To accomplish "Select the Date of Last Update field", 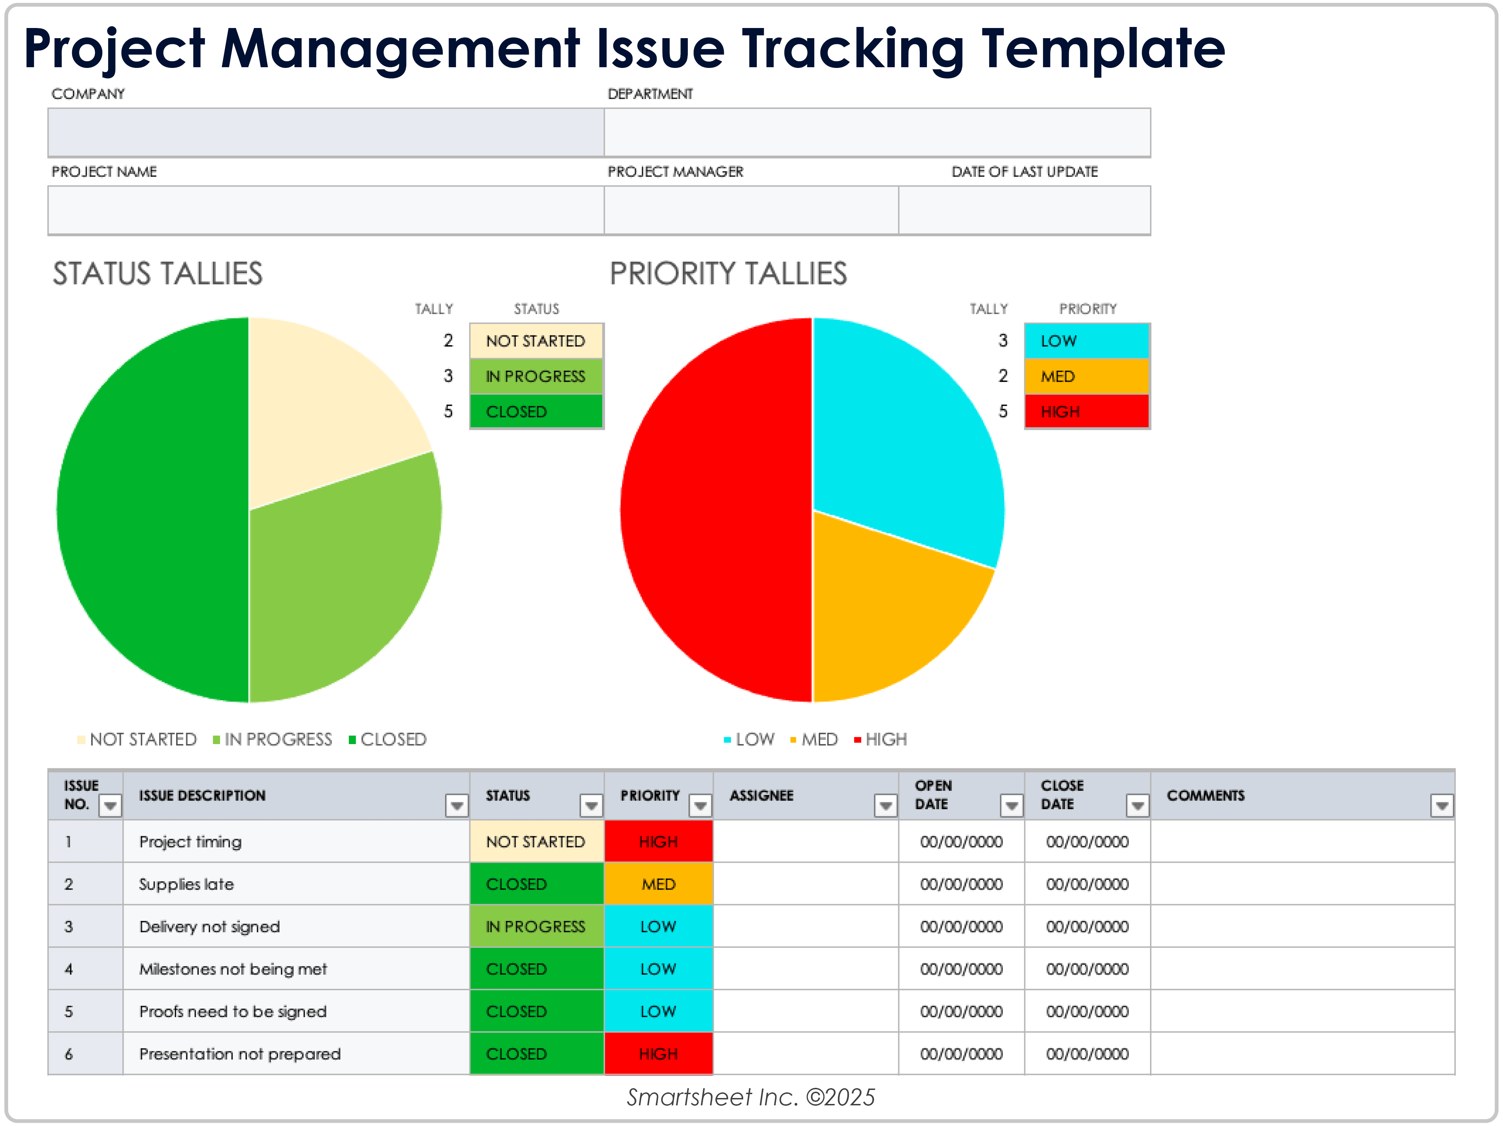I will click(x=1024, y=210).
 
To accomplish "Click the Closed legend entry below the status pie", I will click(x=387, y=740).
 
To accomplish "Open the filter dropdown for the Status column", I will click(x=591, y=805).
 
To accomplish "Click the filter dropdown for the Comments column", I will click(x=1441, y=805).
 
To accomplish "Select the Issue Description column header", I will click(x=202, y=795).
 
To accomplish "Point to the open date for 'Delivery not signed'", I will click(x=961, y=927).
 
